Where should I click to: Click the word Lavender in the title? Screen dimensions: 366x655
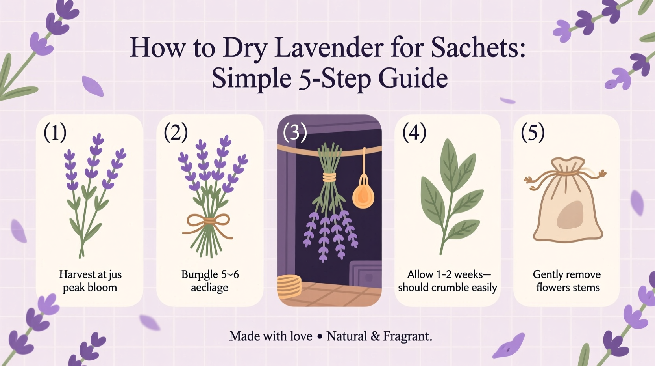tap(329, 48)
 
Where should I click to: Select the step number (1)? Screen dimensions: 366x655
tap(55, 132)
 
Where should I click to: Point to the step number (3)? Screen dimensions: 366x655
tap(295, 132)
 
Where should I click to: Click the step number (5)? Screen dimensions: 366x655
tap(533, 132)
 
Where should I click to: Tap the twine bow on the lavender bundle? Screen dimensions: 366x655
tap(209, 223)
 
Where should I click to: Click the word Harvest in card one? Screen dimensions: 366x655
tap(77, 274)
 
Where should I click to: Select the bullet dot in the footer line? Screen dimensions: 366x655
tap(320, 336)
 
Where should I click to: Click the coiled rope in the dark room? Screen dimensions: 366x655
tap(289, 286)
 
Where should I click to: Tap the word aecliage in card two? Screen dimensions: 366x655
tap(209, 288)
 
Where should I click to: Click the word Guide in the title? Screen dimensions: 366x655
tap(413, 78)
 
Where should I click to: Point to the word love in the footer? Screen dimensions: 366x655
tap(301, 336)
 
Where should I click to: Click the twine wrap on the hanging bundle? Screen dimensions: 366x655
tap(329, 176)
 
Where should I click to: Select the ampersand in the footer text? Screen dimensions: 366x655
tap(375, 336)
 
